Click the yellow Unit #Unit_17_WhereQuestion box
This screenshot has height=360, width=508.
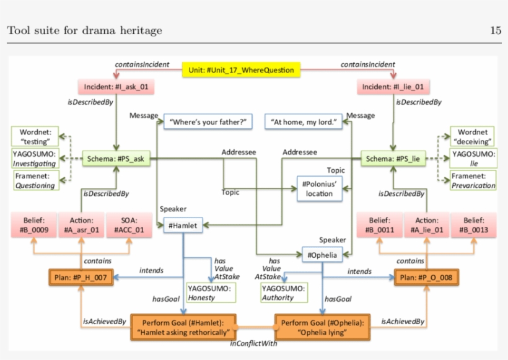click(x=242, y=70)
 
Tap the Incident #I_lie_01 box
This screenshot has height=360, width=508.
click(x=393, y=87)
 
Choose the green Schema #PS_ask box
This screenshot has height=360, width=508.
click(x=116, y=159)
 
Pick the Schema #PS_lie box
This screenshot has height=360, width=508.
click(x=393, y=159)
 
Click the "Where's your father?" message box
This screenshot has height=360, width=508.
click(x=208, y=121)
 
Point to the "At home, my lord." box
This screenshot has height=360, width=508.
click(x=304, y=121)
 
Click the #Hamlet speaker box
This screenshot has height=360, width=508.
click(x=183, y=226)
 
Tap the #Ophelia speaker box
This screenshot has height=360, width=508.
click(x=322, y=253)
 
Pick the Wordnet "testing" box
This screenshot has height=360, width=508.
click(x=34, y=136)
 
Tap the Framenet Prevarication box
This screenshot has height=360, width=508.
click(x=473, y=180)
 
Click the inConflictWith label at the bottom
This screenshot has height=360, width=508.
click(x=254, y=343)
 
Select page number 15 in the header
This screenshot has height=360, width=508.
click(x=495, y=30)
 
